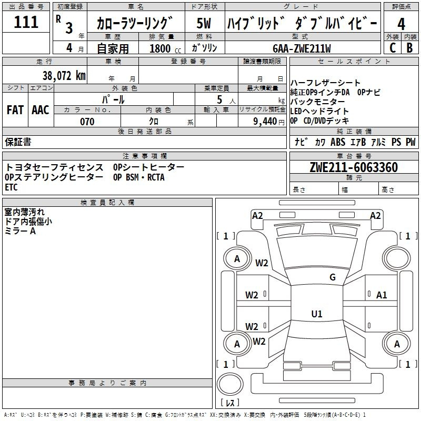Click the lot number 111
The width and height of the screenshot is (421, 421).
26,22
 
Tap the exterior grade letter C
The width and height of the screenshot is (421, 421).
392,47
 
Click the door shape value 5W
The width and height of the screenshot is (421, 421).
204,24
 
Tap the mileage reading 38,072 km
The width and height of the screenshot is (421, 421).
64,75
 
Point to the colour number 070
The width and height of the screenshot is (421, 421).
87,122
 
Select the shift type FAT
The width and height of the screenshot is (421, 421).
15,109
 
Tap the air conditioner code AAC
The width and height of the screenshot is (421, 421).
41,109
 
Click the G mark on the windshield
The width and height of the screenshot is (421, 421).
333,277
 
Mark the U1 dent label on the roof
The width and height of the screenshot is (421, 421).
316,314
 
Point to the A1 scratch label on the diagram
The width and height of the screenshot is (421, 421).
382,295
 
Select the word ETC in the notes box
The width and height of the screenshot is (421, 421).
11,187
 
